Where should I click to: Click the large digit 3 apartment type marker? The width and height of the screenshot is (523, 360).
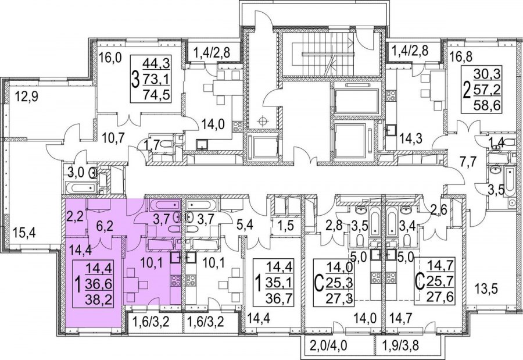click(135, 80)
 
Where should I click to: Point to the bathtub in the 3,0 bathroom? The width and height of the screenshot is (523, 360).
click(82, 187)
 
